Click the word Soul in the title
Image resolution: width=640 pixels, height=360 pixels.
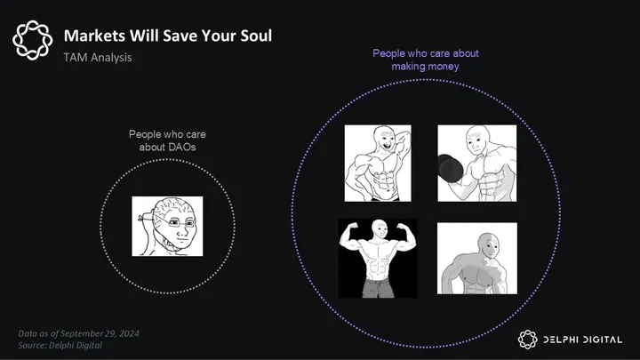click(256, 36)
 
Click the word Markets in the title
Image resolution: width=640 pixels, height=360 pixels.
click(94, 36)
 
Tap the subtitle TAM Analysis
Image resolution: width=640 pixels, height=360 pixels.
click(98, 58)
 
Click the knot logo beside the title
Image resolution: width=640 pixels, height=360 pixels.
click(33, 40)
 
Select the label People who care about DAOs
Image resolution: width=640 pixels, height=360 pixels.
click(167, 140)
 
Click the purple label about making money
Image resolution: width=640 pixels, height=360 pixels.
click(425, 60)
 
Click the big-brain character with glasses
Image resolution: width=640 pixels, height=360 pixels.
click(167, 227)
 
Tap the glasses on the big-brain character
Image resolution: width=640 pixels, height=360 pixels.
click(178, 222)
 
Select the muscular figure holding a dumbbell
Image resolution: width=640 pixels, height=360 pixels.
click(476, 164)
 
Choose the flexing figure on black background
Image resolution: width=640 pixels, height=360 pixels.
click(378, 259)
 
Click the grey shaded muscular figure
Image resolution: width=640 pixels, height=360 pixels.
click(477, 259)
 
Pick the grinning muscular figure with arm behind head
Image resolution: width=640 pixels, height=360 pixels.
click(378, 164)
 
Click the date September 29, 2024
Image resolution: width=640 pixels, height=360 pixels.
click(100, 333)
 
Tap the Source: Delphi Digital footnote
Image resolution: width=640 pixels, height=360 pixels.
click(60, 345)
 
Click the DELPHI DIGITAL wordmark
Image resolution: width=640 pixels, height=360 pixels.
click(582, 340)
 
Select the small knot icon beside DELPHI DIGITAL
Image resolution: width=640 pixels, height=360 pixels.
click(528, 340)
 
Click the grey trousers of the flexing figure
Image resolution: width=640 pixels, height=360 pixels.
click(379, 288)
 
